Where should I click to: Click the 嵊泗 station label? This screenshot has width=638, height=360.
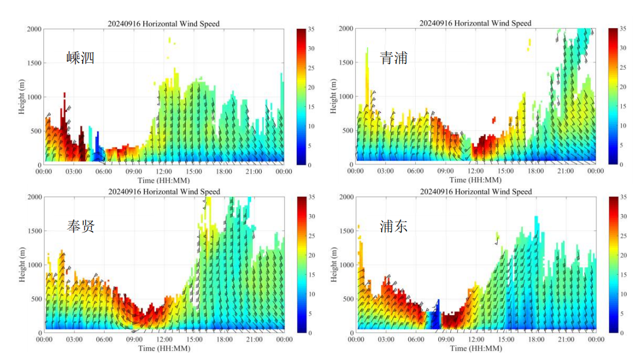(x=80, y=58)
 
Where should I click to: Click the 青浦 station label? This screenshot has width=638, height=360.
(x=394, y=58)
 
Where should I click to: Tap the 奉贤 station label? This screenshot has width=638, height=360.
(x=80, y=226)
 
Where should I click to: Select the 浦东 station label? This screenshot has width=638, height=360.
(x=394, y=226)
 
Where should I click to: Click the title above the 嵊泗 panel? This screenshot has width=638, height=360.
(x=164, y=24)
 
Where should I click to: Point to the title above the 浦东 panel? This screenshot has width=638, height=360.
(x=475, y=192)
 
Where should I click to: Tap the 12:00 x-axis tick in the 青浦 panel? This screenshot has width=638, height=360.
(x=476, y=171)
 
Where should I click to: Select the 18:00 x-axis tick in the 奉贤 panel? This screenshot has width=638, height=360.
(x=224, y=340)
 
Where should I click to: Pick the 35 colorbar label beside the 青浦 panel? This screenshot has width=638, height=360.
(x=623, y=28)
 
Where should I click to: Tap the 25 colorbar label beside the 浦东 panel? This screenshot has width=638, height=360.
(x=623, y=236)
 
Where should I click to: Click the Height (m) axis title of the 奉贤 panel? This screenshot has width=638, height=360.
(x=23, y=265)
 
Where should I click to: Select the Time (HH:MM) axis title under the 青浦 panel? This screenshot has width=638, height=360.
(x=475, y=179)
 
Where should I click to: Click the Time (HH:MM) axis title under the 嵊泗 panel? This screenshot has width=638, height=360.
(x=163, y=179)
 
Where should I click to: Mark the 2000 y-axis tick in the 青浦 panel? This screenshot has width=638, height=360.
(x=346, y=28)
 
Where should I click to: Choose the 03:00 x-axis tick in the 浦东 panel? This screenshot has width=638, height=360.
(x=386, y=340)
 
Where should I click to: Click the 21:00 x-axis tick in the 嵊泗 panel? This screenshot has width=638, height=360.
(x=254, y=171)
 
